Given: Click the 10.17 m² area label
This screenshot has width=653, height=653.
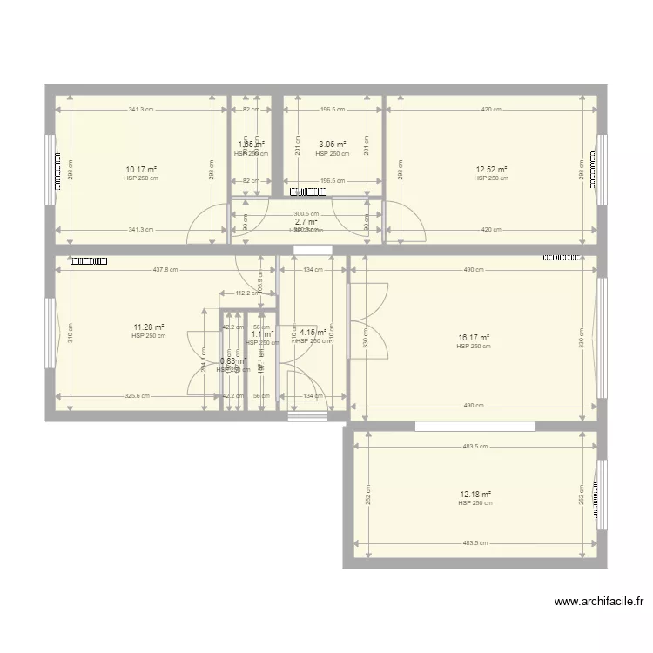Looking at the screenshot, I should point(140,169).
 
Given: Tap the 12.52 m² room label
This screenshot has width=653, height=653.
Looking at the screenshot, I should point(491,170).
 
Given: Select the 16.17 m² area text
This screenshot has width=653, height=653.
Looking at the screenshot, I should point(474,338).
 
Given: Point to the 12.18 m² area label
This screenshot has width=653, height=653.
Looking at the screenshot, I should point(475,495).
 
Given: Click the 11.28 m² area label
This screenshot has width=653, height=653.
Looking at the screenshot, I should point(148,327).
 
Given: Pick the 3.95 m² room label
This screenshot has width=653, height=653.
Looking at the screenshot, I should point(333,145).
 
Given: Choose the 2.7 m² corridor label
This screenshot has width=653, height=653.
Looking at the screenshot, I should point(306,222).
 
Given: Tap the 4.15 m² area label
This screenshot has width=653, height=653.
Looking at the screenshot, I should point(313,332).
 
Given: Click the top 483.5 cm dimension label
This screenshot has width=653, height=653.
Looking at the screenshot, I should point(475,447).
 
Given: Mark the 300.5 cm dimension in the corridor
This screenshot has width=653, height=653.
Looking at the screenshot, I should point(306,213).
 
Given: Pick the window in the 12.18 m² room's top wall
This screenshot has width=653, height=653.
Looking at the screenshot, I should point(475,426).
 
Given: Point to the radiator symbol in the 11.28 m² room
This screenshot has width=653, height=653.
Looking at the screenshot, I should point(88,259).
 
